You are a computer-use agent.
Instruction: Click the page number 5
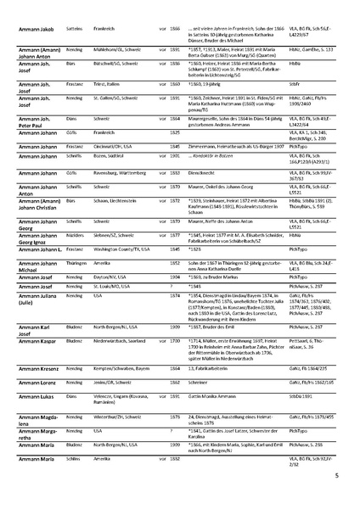(336, 476)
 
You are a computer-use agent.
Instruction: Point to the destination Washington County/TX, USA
(132, 273)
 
